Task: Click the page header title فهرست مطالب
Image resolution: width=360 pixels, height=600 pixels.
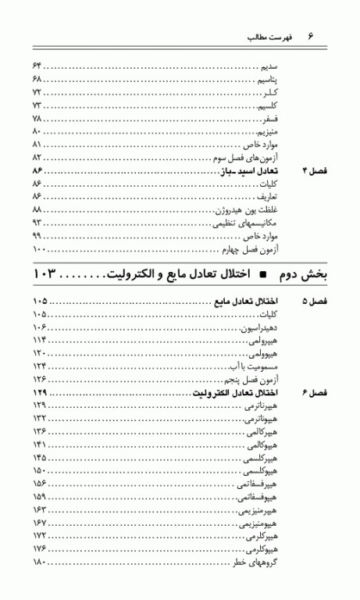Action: pyautogui.click(x=268, y=37)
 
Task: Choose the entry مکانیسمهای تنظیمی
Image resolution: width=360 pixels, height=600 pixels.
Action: pyautogui.click(x=248, y=223)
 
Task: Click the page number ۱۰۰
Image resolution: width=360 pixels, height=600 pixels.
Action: pyautogui.click(x=40, y=249)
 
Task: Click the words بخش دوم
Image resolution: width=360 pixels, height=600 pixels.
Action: pyautogui.click(x=302, y=274)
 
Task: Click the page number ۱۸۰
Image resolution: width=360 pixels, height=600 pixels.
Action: pyautogui.click(x=40, y=562)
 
